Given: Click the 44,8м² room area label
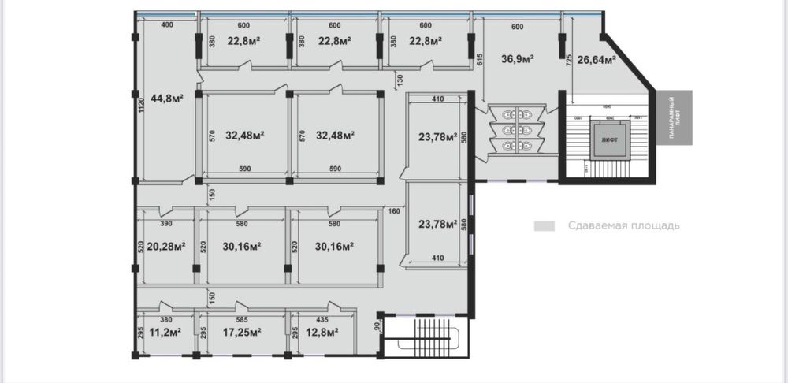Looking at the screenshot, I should (x=167, y=99).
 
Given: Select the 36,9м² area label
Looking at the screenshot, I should (x=518, y=58).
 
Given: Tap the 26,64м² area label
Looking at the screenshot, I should (x=596, y=58).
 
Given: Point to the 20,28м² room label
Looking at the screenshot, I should (x=166, y=246).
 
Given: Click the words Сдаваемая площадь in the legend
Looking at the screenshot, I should (x=623, y=226).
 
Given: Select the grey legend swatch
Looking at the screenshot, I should (x=544, y=226).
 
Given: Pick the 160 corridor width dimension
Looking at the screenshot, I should (x=395, y=210).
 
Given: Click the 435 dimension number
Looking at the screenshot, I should (x=323, y=320).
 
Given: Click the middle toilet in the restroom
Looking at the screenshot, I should (x=516, y=130).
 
